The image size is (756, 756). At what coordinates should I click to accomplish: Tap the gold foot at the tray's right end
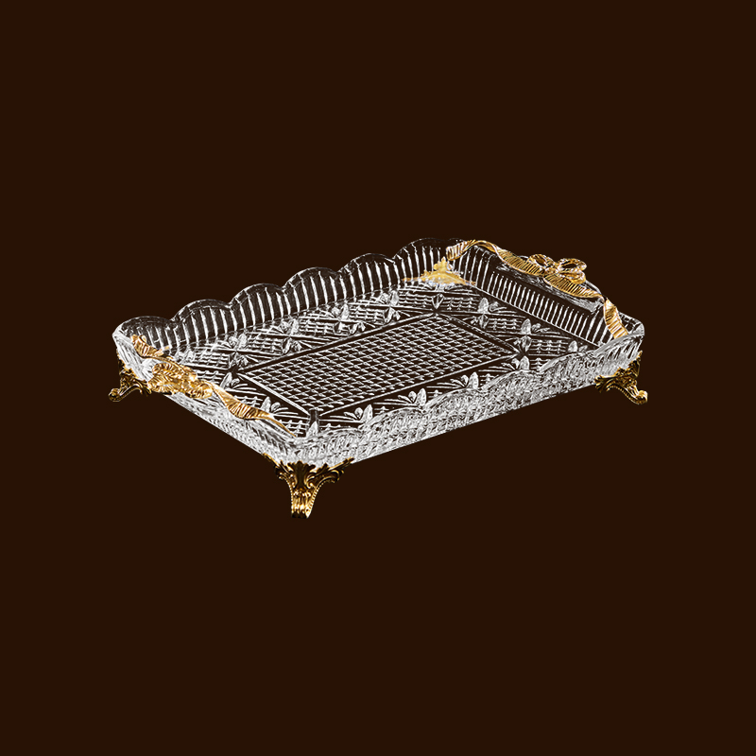(x=625, y=382)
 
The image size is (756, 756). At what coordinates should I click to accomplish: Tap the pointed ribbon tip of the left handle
(x=279, y=424)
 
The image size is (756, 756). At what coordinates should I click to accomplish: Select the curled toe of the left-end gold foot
(x=114, y=394)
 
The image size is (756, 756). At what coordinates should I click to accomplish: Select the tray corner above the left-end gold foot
(x=123, y=331)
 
